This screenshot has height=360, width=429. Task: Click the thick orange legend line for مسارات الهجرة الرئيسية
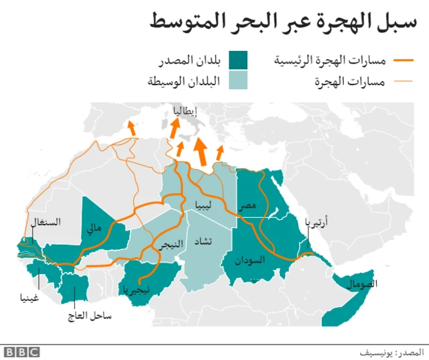(407, 62)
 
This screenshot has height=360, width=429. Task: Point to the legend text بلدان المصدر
(190, 61)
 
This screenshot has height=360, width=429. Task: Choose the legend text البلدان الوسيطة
(183, 82)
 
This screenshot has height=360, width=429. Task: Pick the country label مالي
(93, 228)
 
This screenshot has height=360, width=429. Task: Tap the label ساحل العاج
(88, 314)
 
